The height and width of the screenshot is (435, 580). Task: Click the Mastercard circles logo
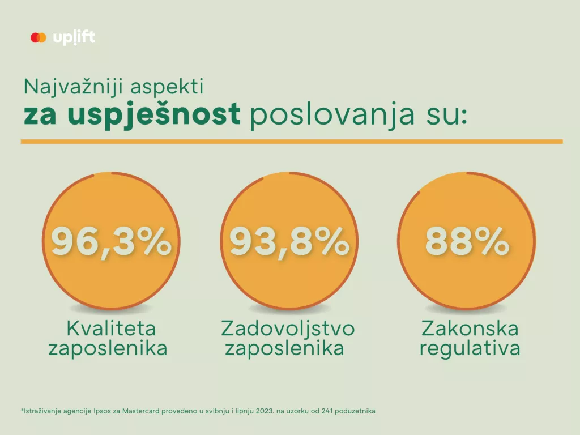38,38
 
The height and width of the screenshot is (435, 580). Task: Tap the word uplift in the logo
74,38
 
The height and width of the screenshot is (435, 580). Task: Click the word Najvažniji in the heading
68,87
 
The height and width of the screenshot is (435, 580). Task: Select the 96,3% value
111,242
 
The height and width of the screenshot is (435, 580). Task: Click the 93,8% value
289,242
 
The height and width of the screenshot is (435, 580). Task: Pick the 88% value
467,242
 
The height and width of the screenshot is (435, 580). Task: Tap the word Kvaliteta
111,329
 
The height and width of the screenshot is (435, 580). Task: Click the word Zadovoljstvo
288,329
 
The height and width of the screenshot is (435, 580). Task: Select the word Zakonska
470,329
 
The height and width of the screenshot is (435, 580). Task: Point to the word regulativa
470,348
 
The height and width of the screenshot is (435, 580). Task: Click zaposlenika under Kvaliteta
108,348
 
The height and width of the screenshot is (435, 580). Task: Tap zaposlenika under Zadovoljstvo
284,348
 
